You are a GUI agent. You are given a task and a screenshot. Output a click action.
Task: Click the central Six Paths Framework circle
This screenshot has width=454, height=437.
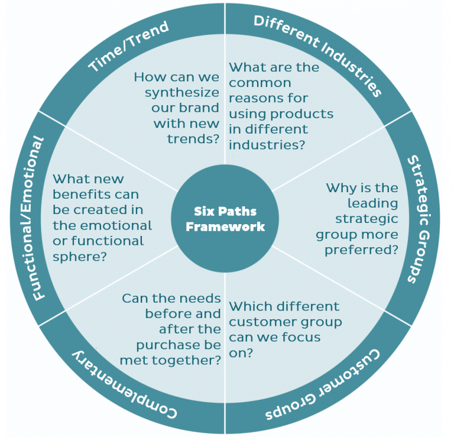(226, 219)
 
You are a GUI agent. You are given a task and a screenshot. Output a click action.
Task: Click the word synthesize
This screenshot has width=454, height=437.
(181, 93)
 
